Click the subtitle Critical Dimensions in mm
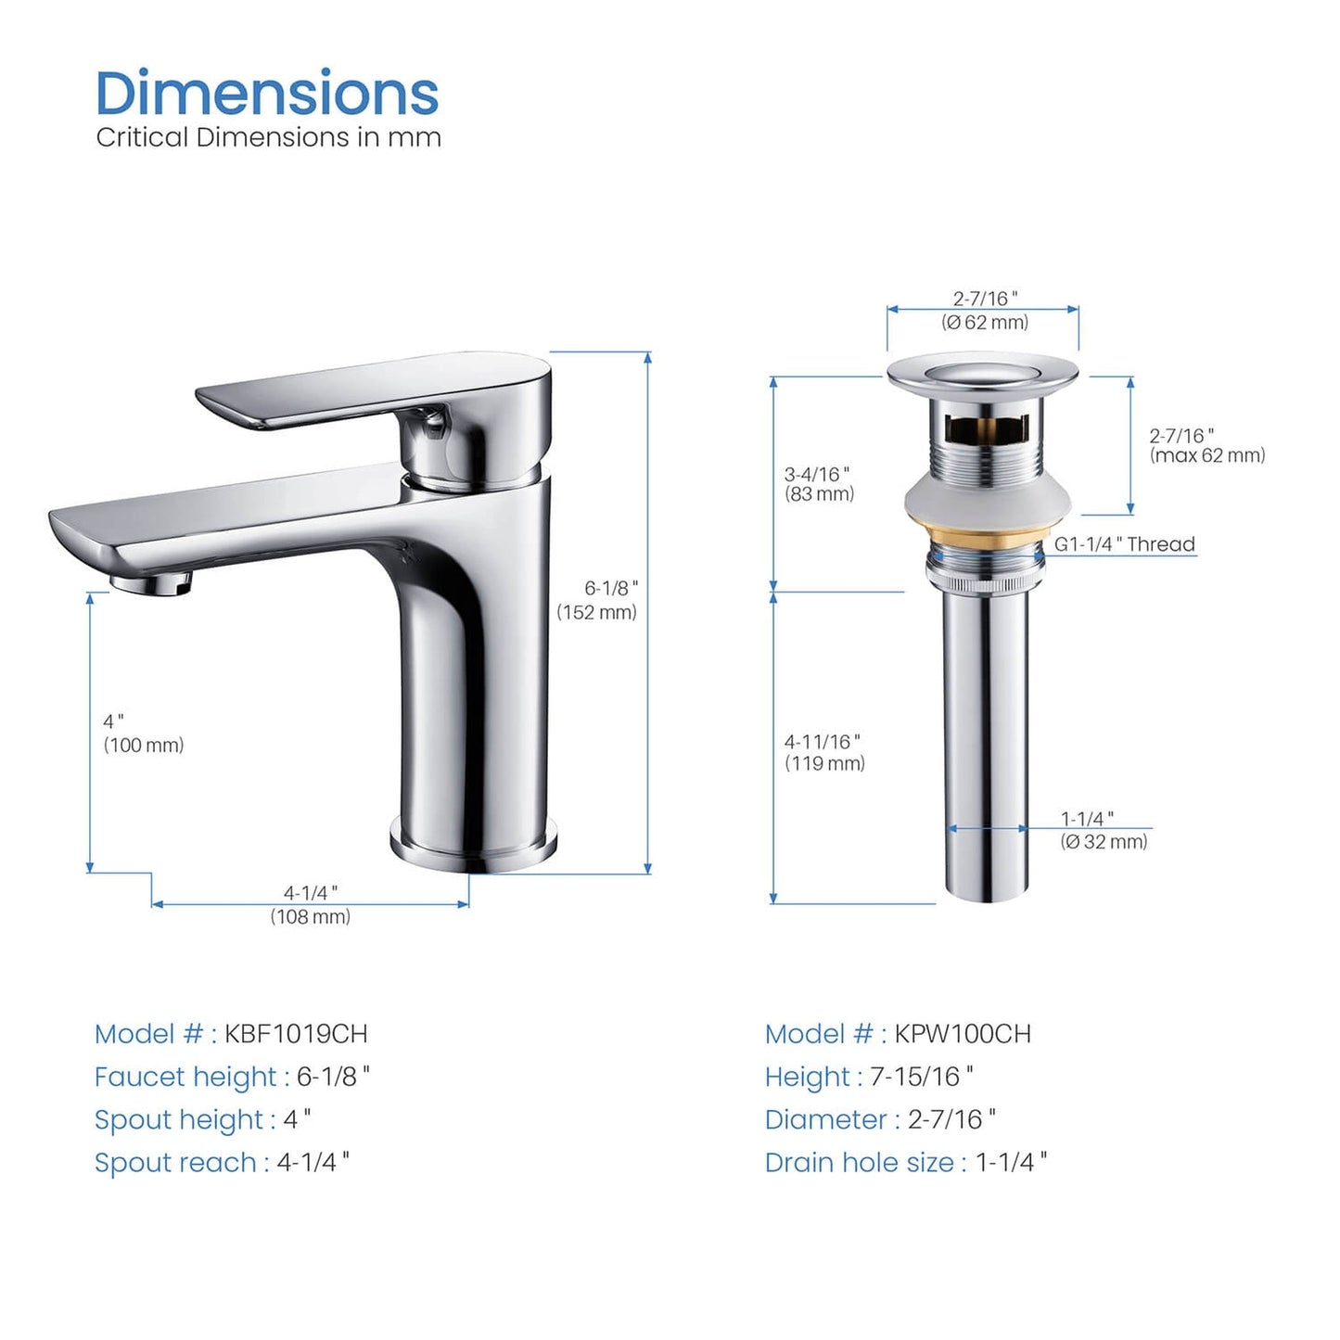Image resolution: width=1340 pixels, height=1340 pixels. [268, 137]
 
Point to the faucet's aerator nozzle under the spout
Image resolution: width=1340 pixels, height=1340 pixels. [151, 582]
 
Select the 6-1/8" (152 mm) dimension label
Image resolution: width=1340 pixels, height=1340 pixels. [597, 600]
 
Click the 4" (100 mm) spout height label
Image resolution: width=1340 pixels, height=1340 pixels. [143, 733]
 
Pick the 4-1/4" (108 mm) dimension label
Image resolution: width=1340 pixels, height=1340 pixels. [310, 905]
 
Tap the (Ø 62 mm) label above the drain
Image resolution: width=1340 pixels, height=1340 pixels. [985, 322]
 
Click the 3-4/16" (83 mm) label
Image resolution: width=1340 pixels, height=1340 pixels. [819, 484]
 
